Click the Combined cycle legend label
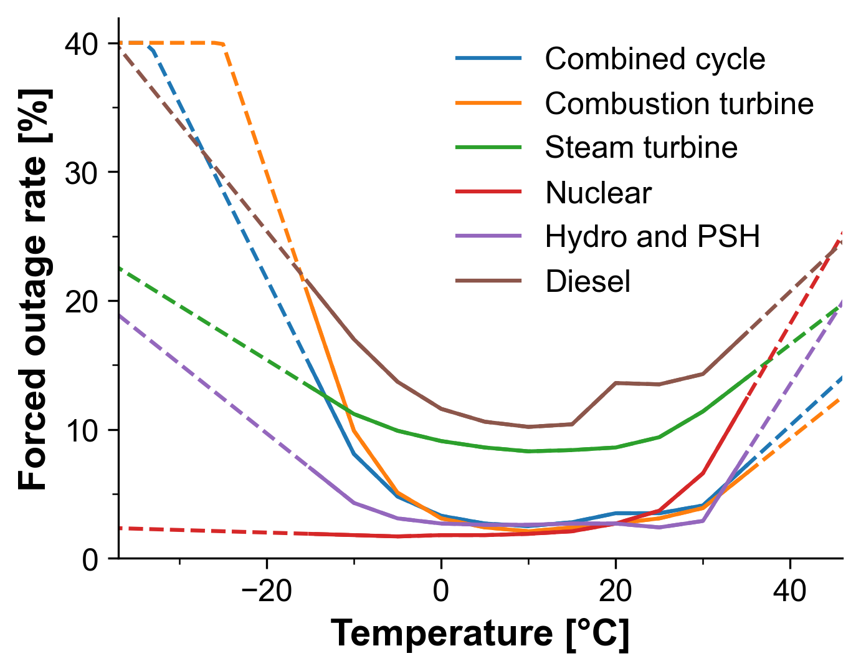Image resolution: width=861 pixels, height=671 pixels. pyautogui.click(x=655, y=59)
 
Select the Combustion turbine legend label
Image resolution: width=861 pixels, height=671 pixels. pyautogui.click(x=679, y=104)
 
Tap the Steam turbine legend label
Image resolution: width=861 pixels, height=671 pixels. pyautogui.click(x=641, y=148)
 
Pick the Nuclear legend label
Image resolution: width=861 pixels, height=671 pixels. pyautogui.click(x=598, y=193)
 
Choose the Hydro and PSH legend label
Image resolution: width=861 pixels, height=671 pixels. pyautogui.click(x=652, y=237)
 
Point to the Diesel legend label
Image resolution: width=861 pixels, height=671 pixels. pyautogui.click(x=587, y=281)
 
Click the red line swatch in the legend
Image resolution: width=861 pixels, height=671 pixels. pyautogui.click(x=488, y=192)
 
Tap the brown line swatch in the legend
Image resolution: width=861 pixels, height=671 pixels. pyautogui.click(x=488, y=281)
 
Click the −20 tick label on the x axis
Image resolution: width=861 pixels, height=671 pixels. pyautogui.click(x=266, y=591)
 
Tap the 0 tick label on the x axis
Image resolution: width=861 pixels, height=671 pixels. pyautogui.click(x=441, y=591)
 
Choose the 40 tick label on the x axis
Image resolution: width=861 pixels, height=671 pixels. pyautogui.click(x=790, y=591)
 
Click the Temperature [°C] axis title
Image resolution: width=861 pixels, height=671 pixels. pyautogui.click(x=480, y=634)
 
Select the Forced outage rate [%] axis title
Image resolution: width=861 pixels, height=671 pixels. pyautogui.click(x=34, y=289)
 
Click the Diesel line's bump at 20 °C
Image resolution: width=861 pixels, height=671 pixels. pyautogui.click(x=616, y=383)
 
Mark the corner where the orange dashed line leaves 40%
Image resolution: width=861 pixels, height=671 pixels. pyautogui.click(x=223, y=44)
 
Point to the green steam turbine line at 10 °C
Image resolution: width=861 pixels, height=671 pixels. pyautogui.click(x=528, y=451)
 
